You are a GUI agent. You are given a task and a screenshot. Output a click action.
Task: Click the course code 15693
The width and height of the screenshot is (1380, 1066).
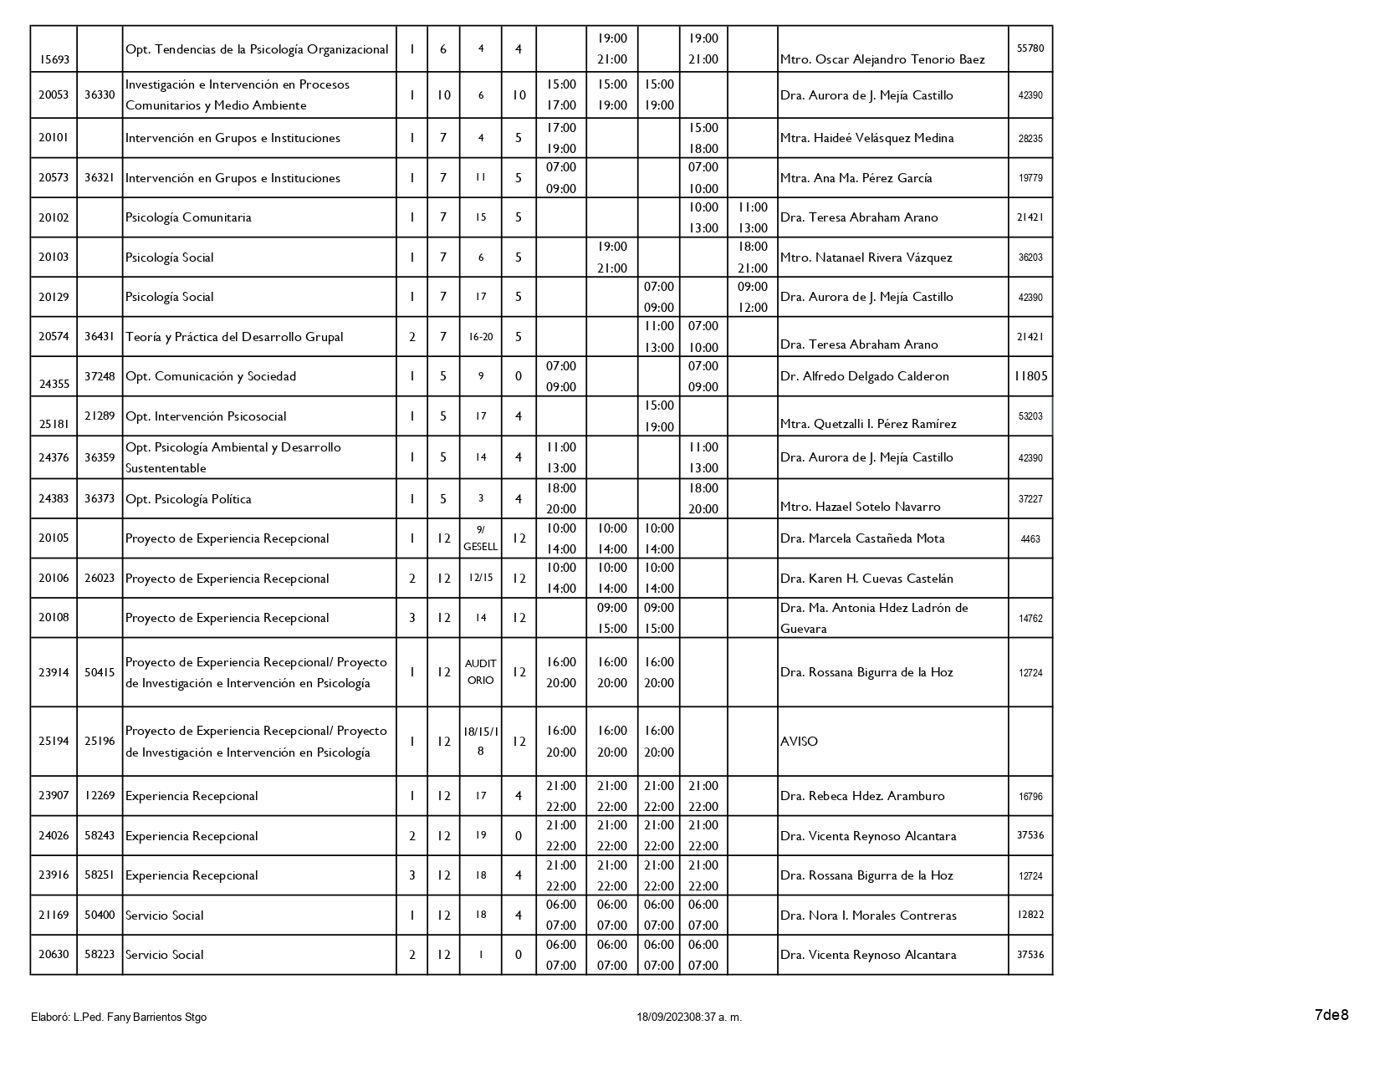tap(54, 60)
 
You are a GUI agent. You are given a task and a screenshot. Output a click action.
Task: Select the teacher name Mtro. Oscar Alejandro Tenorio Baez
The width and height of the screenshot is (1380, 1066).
tap(882, 60)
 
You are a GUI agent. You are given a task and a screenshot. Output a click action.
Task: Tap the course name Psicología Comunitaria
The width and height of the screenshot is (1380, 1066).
tap(188, 217)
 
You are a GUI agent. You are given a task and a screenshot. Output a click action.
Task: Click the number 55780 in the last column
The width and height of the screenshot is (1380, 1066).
tap(1030, 48)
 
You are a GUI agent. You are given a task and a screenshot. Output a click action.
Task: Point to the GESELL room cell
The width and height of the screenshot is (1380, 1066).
tap(480, 538)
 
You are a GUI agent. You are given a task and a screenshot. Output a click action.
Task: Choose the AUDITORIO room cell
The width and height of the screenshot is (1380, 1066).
tap(480, 672)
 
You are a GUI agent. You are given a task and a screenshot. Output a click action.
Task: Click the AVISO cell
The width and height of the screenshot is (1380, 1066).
tap(799, 742)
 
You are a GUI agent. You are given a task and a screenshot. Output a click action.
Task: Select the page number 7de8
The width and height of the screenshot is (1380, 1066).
tap(1331, 1016)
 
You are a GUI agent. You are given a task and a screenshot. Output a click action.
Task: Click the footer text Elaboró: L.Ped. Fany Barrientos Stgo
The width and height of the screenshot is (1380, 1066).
tap(119, 1018)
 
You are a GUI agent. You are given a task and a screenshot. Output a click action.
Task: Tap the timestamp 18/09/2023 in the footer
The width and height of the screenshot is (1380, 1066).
tap(689, 1018)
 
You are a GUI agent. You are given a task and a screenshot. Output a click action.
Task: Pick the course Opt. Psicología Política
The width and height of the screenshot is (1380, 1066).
tap(188, 499)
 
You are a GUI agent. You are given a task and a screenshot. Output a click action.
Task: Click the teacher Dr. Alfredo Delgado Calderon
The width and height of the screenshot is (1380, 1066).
tap(864, 376)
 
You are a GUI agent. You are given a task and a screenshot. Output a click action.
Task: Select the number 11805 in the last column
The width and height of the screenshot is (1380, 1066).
tap(1030, 376)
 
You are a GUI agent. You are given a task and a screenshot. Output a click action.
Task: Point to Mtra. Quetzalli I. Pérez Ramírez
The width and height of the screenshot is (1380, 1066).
tap(867, 424)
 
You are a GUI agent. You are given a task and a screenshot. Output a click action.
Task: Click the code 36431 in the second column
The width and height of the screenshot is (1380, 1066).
tap(100, 337)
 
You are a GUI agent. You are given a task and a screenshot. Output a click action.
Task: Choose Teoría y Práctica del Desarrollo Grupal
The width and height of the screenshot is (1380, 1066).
tap(234, 337)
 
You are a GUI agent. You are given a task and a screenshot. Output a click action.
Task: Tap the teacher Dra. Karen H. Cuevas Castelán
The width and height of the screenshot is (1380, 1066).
tap(866, 579)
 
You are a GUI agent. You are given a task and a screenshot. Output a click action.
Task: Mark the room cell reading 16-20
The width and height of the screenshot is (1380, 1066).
tap(480, 337)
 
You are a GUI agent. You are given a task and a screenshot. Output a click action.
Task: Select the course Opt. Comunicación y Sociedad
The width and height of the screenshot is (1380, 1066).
tap(210, 376)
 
